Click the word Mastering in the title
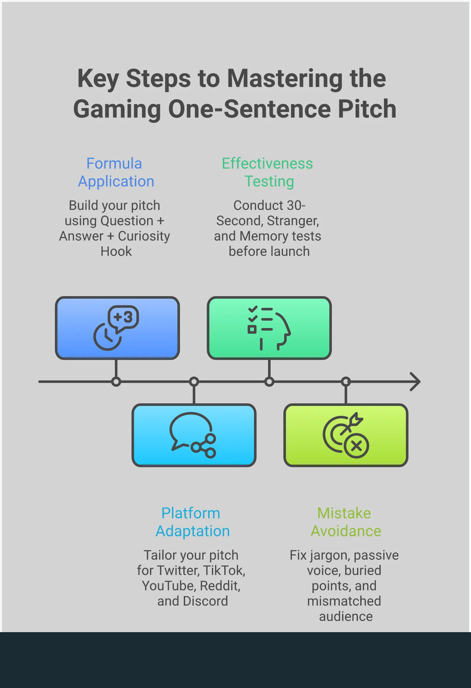pyautogui.click(x=285, y=79)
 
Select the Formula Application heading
pyautogui.click(x=116, y=172)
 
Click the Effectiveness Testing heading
pyautogui.click(x=267, y=172)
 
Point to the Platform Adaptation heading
pyautogui.click(x=192, y=522)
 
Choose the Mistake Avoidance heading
pyautogui.click(x=345, y=522)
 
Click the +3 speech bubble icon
pyautogui.click(x=123, y=318)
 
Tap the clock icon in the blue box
pyautogui.click(x=107, y=337)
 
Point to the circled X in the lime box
pyautogui.click(x=356, y=446)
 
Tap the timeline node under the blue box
pyautogui.click(x=116, y=382)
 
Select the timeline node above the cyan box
pyautogui.click(x=194, y=382)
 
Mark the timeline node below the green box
pyautogui.click(x=269, y=382)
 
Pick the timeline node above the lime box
pyautogui.click(x=346, y=382)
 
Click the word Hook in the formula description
pyautogui.click(x=116, y=251)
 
